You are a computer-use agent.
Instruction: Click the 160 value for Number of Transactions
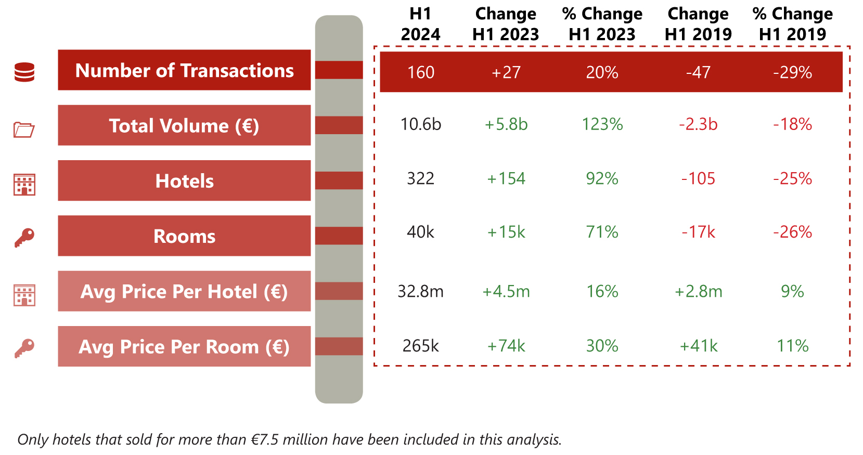[420, 72]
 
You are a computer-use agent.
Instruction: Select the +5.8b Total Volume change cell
[506, 124]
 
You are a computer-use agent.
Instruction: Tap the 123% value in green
[602, 124]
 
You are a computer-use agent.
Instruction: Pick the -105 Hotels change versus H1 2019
[698, 179]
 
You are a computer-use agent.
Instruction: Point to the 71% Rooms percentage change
[602, 232]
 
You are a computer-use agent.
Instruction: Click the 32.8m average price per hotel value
[420, 291]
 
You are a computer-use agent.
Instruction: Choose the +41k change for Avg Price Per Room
[698, 346]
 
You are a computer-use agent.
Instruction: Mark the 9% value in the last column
[792, 291]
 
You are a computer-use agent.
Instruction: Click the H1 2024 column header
[420, 24]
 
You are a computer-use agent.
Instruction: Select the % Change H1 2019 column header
[792, 24]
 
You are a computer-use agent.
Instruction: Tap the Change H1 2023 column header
[506, 24]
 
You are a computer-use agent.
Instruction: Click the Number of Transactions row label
[184, 70]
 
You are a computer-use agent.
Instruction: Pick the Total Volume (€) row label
[184, 125]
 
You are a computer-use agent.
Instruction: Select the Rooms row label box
[184, 236]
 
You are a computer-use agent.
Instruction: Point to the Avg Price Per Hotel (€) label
[184, 291]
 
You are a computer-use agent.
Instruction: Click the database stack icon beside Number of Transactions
[24, 72]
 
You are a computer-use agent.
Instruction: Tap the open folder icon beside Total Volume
[24, 129]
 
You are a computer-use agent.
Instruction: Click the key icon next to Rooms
[24, 238]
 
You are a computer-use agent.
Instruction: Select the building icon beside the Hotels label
[24, 185]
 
